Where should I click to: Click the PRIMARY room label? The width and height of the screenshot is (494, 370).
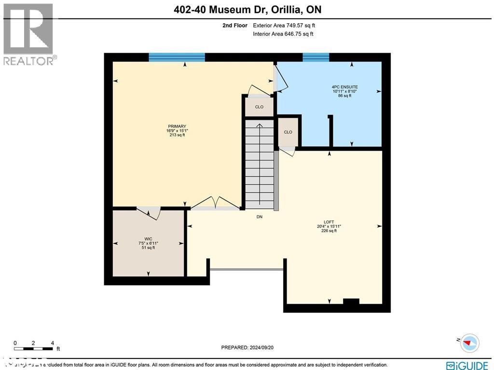point(177,127)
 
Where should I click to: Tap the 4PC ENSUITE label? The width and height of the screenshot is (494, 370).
point(345,87)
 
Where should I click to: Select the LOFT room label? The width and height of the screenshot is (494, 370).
point(329,222)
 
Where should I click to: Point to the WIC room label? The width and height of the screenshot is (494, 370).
point(148,239)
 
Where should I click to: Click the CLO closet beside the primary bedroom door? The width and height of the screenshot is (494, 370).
point(259,107)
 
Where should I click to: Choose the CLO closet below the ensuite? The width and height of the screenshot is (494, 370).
point(288,132)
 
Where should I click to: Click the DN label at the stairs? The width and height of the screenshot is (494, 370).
point(259,217)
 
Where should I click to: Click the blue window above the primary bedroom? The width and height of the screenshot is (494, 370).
point(177,57)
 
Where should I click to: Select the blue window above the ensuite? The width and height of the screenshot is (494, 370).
point(316,57)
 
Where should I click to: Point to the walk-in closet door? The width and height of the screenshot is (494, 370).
point(148,211)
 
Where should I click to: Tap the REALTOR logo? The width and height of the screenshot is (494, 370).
point(28,34)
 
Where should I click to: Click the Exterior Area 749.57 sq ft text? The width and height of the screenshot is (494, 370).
point(284,26)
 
